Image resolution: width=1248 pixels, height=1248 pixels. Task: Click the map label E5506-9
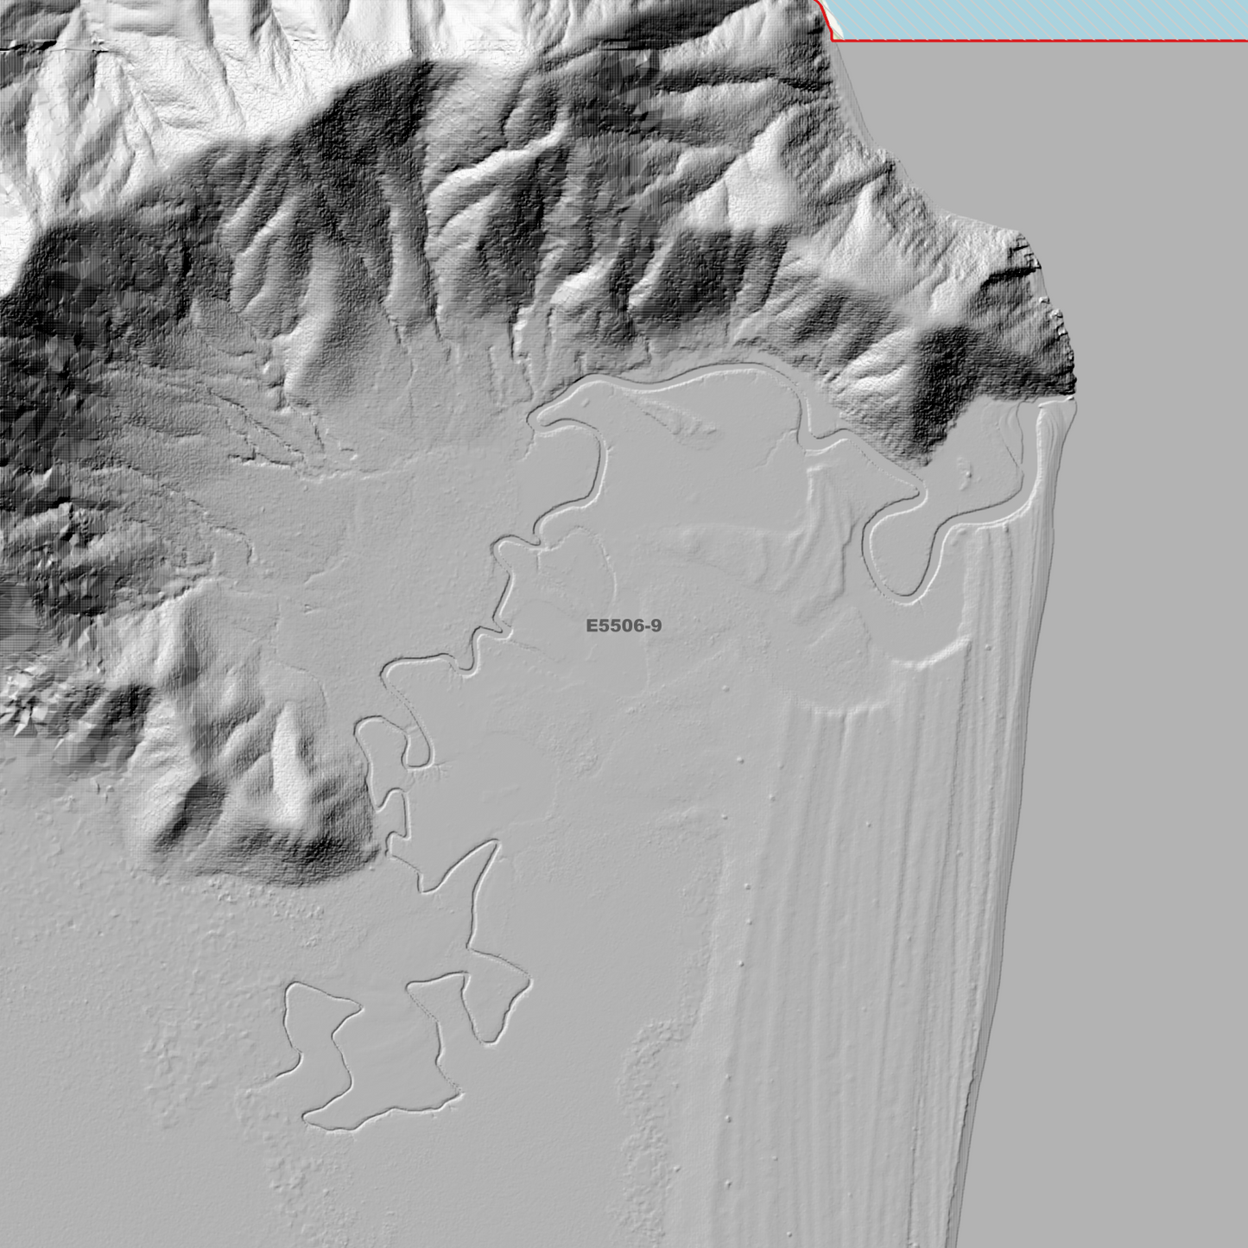point(624,625)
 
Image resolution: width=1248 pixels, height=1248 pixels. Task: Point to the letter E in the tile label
point(592,625)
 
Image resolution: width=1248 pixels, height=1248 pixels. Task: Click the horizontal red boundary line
point(1036,40)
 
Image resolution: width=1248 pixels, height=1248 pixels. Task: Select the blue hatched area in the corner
point(1036,17)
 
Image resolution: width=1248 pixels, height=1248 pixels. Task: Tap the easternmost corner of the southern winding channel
point(528,979)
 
